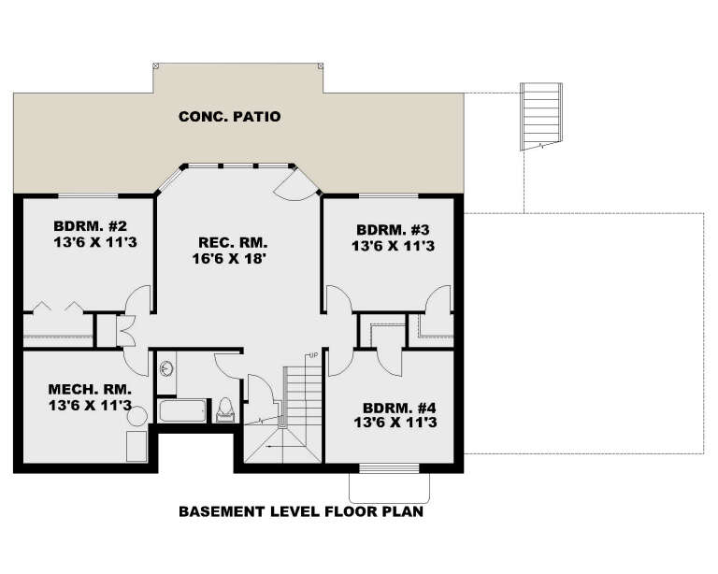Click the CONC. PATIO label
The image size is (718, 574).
point(229,117)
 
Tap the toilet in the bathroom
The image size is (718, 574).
point(224,409)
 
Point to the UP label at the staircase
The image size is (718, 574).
point(315,356)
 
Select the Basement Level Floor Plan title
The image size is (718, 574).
point(300,511)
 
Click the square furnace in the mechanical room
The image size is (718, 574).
point(136,445)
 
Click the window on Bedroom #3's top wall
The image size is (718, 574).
point(386,196)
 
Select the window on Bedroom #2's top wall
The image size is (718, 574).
point(86,196)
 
